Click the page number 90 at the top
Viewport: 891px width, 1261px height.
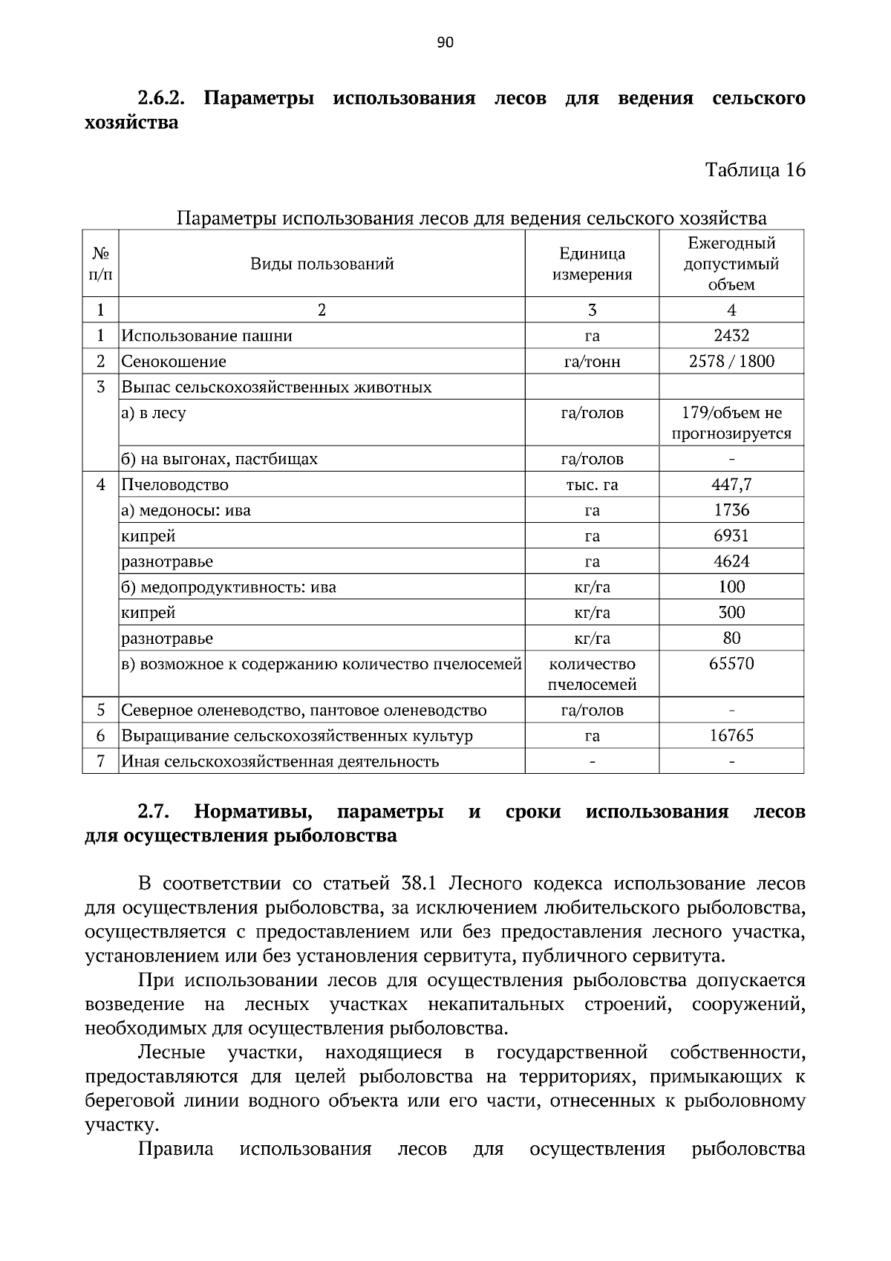tap(445, 42)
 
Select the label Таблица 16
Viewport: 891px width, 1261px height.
tap(755, 170)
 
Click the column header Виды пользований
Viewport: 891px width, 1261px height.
tap(322, 264)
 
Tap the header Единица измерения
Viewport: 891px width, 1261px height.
tap(592, 264)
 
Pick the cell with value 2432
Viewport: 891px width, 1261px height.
tap(731, 336)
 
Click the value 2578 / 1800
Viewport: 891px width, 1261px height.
tap(731, 362)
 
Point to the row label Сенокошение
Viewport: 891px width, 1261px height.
tap(174, 362)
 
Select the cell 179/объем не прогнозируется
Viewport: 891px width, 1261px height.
tap(731, 423)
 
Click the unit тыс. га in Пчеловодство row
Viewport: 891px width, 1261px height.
tap(592, 485)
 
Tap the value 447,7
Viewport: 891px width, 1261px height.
tap(731, 485)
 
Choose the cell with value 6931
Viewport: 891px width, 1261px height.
tap(731, 536)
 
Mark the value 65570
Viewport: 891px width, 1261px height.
tap(731, 664)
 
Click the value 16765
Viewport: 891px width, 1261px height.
tap(731, 736)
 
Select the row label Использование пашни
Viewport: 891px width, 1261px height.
tap(207, 336)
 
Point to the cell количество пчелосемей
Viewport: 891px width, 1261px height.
tap(592, 674)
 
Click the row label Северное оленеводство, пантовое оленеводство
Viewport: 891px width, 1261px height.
tap(304, 711)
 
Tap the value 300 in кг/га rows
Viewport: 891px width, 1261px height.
tap(731, 613)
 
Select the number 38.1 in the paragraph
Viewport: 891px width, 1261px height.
tap(421, 884)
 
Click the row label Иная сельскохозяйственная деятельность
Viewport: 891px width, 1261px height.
tap(280, 762)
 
